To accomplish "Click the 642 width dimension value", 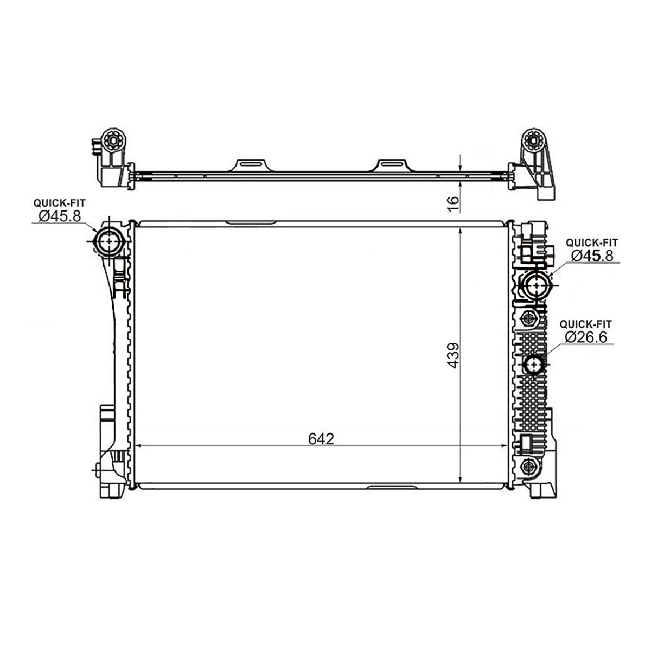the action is pyautogui.click(x=321, y=439).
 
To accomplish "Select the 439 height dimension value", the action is pyautogui.click(x=453, y=355).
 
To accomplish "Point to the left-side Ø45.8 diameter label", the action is pyautogui.click(x=60, y=216).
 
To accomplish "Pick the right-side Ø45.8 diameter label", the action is pyautogui.click(x=592, y=256).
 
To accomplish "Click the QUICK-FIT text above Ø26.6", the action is pyautogui.click(x=585, y=324).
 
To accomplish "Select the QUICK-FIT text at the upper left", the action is pyautogui.click(x=60, y=203).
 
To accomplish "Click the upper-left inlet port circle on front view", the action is pyautogui.click(x=110, y=241).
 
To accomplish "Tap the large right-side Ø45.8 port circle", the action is pyautogui.click(x=536, y=286).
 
